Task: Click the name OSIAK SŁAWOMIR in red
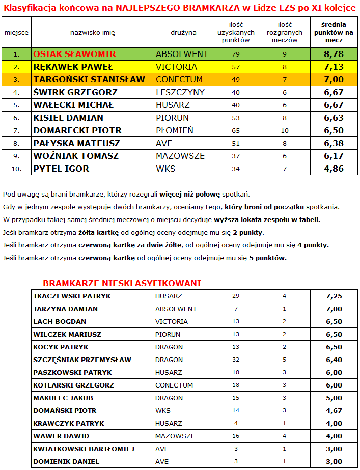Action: click(74, 54)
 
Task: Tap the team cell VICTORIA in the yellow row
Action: click(176, 67)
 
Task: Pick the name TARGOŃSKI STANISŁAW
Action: click(89, 79)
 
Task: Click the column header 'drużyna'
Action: click(183, 32)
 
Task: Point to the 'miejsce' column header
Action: click(16, 32)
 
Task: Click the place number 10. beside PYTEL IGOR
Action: click(16, 169)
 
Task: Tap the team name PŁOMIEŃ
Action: click(175, 130)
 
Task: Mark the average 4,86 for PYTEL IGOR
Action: click(334, 169)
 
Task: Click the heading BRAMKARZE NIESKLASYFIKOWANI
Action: click(122, 283)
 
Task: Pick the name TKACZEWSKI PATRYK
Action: click(72, 296)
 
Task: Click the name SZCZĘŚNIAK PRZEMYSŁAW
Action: click(82, 360)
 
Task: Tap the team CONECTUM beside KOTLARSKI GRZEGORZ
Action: click(174, 385)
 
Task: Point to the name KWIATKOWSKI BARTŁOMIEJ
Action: click(84, 449)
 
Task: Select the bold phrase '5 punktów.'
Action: click(268, 258)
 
